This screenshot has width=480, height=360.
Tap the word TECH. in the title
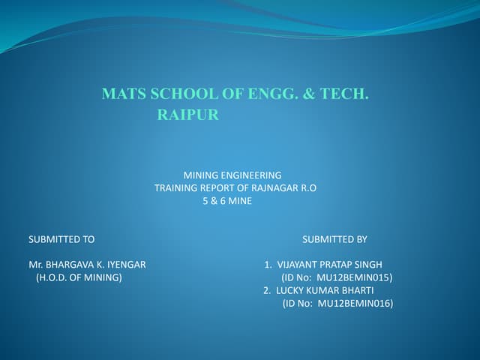point(345,94)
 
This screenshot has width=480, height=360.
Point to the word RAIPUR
point(187,116)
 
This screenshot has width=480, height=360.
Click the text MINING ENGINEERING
point(232,175)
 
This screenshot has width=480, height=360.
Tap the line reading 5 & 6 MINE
point(228,202)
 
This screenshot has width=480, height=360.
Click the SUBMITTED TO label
point(61,239)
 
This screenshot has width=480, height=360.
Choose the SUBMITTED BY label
point(334,239)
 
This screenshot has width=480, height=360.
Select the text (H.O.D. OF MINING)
point(79,277)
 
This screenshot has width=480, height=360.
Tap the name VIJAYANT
point(298,265)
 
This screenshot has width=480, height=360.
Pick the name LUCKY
point(290,290)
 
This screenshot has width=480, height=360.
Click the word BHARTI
point(356,290)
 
